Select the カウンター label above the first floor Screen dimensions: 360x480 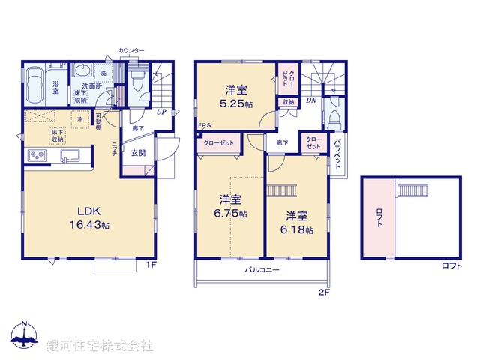coord(131,50)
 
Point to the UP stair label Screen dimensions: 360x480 coord(161,112)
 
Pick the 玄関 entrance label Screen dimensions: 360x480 coord(139,153)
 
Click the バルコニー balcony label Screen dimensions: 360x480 coord(262,269)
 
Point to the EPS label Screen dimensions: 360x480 coord(205,126)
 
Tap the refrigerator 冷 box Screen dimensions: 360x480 coord(79,119)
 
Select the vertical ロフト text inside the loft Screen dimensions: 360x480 coord(378,217)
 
